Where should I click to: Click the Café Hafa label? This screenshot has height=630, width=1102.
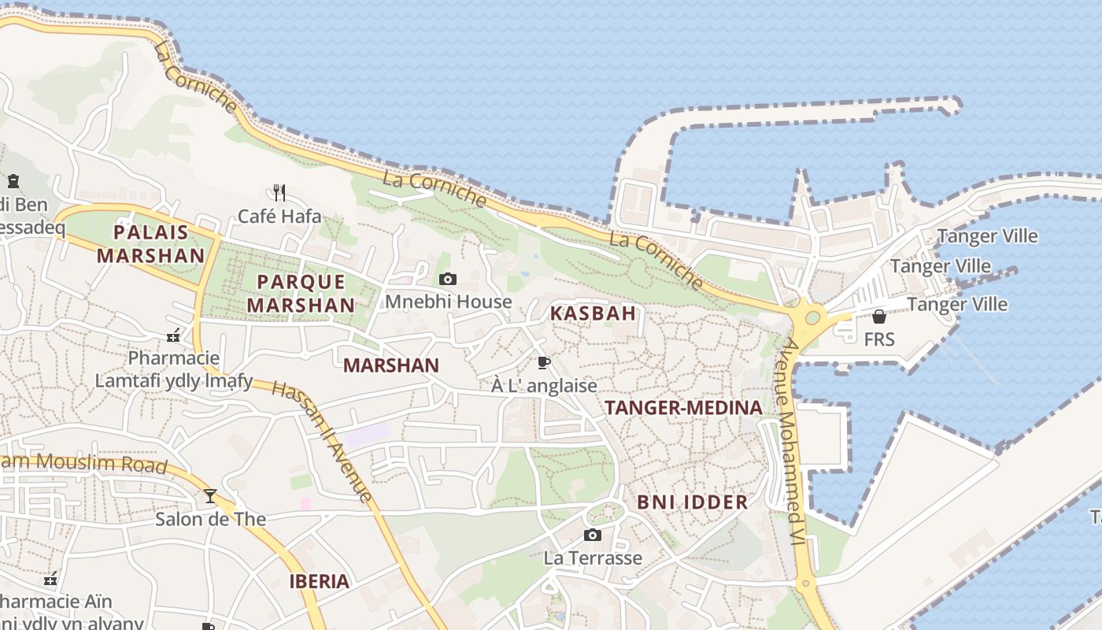click(279, 216)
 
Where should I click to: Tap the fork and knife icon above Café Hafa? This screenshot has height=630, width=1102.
click(279, 191)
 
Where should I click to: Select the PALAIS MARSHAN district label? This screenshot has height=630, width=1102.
click(150, 243)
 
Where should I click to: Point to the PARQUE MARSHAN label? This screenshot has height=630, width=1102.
click(301, 293)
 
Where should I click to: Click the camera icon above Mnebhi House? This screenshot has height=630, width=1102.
click(448, 279)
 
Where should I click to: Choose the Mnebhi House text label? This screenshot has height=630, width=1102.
click(448, 302)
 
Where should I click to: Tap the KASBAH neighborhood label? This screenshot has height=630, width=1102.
click(593, 313)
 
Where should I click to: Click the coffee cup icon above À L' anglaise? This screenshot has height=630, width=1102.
click(543, 362)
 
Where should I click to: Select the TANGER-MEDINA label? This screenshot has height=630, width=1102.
click(683, 407)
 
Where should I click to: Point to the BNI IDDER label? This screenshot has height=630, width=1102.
click(692, 502)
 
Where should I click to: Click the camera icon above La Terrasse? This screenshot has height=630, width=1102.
click(593, 535)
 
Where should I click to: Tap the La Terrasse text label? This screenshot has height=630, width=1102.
click(593, 558)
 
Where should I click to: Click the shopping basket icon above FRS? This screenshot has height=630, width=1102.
click(879, 317)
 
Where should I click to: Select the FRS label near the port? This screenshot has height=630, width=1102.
click(879, 339)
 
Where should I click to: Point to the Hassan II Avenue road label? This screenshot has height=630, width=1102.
click(321, 441)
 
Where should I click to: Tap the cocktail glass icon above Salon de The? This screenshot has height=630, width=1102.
click(210, 495)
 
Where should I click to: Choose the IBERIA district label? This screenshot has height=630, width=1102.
click(319, 582)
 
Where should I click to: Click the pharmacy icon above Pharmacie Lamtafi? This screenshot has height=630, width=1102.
click(174, 336)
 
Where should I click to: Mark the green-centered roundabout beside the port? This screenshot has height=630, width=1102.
click(812, 318)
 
